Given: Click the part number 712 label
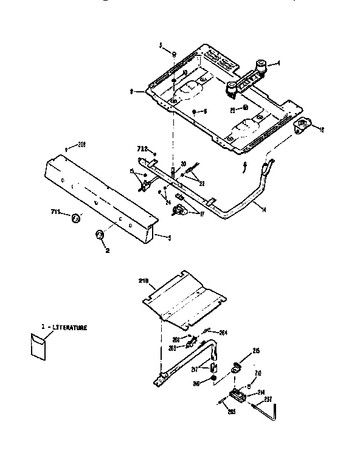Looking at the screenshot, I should pyautogui.click(x=141, y=148).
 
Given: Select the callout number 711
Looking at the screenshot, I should pyautogui.click(x=55, y=212).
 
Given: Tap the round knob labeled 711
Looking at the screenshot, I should pyautogui.click(x=74, y=218).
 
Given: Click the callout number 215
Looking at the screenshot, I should pyautogui.click(x=256, y=351).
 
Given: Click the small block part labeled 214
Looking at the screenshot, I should pyautogui.click(x=238, y=396).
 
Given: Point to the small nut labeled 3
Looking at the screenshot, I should pyautogui.click(x=173, y=54).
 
